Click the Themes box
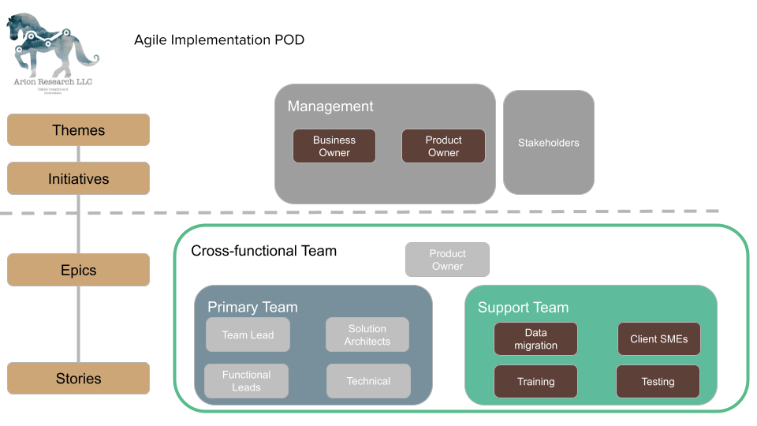(x=78, y=130)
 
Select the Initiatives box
(x=78, y=179)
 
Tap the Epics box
(x=78, y=270)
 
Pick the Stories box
(x=78, y=379)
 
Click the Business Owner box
(x=334, y=146)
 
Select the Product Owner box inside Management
(x=443, y=146)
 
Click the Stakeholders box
(x=548, y=143)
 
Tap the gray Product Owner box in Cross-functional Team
(x=447, y=260)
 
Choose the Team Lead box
(x=248, y=334)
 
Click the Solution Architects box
(x=367, y=334)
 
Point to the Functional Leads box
(x=246, y=381)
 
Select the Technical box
(x=368, y=381)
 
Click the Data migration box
(x=535, y=338)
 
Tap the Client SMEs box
(x=658, y=339)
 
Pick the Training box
(x=535, y=381)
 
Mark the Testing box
(x=658, y=381)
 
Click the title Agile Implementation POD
(x=218, y=39)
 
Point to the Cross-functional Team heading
(x=263, y=251)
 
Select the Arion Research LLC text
(x=53, y=81)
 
